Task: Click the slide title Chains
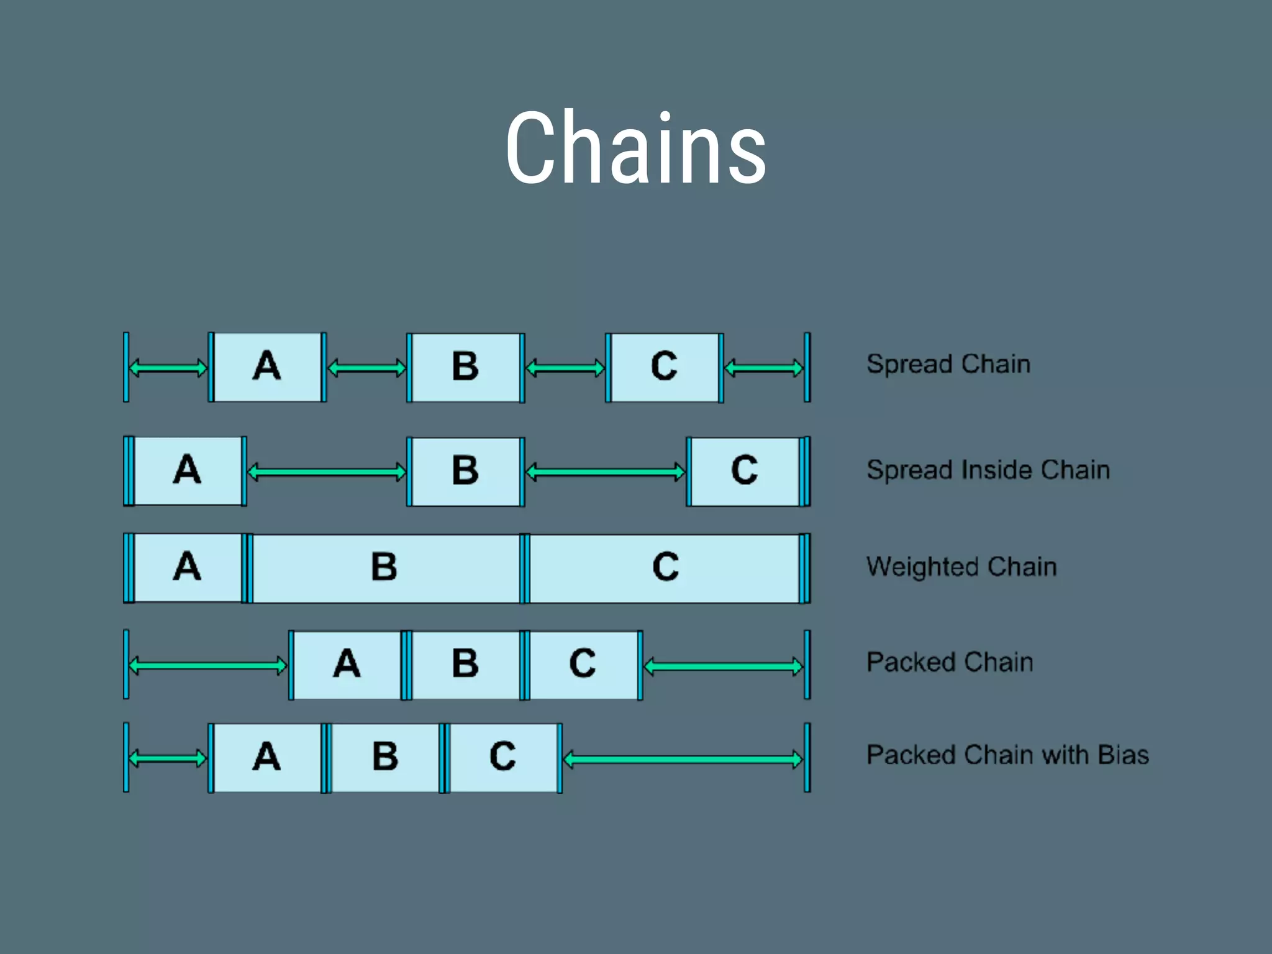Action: pyautogui.click(x=636, y=149)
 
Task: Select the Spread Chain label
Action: pyautogui.click(x=948, y=364)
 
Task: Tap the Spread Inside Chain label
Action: pyautogui.click(x=988, y=470)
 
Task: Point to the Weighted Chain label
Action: pyautogui.click(x=961, y=566)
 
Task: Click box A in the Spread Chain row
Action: pyautogui.click(x=267, y=367)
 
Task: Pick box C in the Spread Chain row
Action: pyautogui.click(x=665, y=367)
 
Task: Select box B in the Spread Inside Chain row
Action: pyautogui.click(x=465, y=471)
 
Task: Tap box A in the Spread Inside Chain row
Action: pyautogui.click(x=188, y=471)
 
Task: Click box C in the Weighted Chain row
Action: pyautogui.click(x=665, y=568)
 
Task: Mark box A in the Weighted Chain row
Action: pyautogui.click(x=188, y=568)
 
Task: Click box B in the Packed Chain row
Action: pyautogui.click(x=465, y=665)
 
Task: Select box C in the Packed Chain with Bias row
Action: pyautogui.click(x=503, y=758)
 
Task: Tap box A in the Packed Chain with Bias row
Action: pyautogui.click(x=267, y=758)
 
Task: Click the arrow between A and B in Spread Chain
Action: pyautogui.click(x=366, y=369)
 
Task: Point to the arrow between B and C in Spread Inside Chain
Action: pyautogui.click(x=606, y=473)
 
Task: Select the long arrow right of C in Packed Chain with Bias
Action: pyautogui.click(x=683, y=760)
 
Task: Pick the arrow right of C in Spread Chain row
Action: pyautogui.click(x=764, y=369)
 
